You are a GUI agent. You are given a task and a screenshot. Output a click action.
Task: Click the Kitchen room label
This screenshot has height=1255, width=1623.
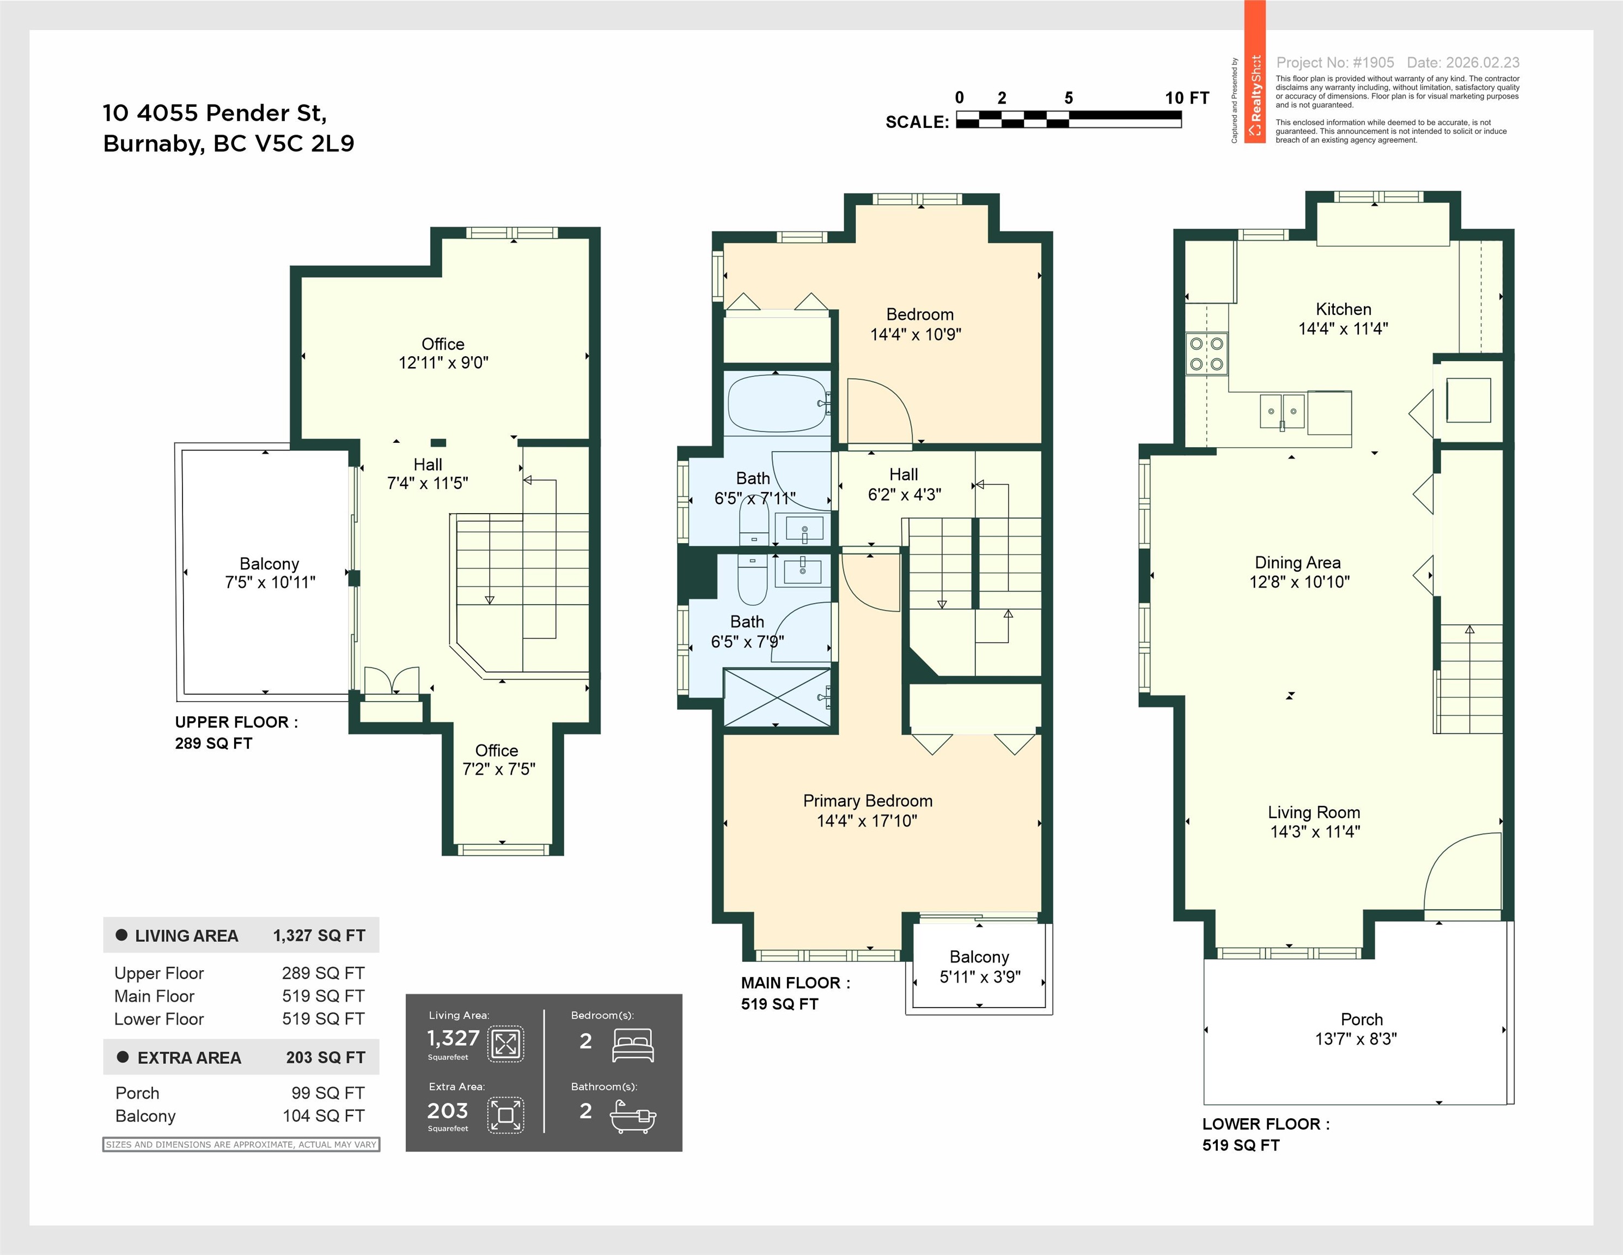pos(1344,309)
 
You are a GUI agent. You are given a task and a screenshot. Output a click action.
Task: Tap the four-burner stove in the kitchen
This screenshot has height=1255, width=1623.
pos(1207,354)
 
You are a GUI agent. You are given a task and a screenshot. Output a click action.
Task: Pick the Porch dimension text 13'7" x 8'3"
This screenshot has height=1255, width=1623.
pos(1356,1039)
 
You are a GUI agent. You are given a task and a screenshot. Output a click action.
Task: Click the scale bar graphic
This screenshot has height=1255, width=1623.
pos(1069,119)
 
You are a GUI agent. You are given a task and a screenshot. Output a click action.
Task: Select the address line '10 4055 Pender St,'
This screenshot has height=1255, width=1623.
pos(215,113)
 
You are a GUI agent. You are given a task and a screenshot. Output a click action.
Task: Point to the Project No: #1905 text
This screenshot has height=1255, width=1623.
pos(1335,63)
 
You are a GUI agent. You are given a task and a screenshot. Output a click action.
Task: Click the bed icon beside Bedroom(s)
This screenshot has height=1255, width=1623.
pos(632,1045)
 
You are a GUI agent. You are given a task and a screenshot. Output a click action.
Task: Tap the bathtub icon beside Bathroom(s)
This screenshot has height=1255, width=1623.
pos(633,1116)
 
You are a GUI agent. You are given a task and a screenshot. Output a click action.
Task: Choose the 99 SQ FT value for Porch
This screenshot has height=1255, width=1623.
pos(328,1093)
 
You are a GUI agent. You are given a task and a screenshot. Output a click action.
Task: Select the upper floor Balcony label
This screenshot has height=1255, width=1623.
pos(269,564)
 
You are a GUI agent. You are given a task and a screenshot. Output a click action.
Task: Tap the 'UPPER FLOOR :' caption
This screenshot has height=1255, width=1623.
pos(236,722)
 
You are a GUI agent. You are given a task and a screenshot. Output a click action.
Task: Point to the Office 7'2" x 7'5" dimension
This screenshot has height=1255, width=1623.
pos(499,769)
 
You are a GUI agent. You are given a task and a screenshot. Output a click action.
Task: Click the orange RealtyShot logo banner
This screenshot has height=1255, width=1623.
pos(1255,72)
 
